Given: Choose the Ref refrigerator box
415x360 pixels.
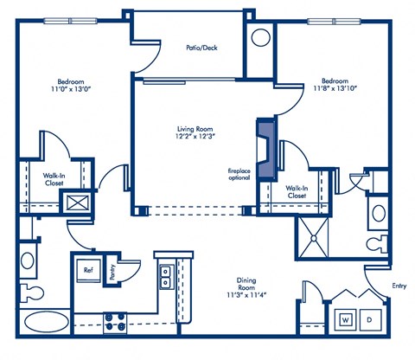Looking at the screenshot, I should tap(88, 270).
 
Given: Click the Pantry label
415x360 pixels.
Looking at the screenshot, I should tap(113, 271).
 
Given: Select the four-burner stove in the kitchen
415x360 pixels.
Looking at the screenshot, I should tap(116, 323).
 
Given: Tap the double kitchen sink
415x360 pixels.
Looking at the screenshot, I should tap(163, 276).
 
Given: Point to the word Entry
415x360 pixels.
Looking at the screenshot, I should tap(397, 286).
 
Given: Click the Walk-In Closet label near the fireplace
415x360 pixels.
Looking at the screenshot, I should tap(295, 192).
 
